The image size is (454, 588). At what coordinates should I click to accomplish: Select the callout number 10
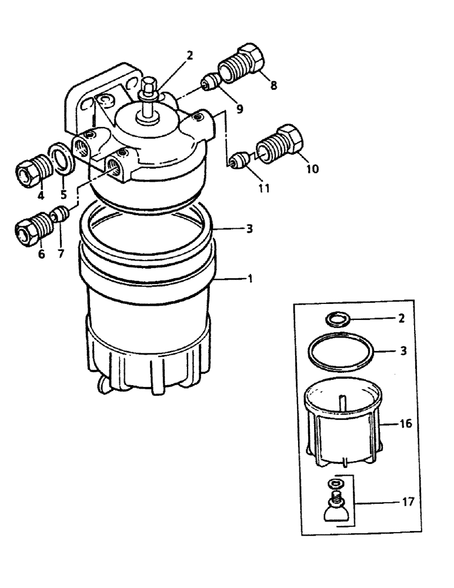(x=312, y=169)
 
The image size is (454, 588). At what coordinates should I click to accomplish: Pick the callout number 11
(x=264, y=188)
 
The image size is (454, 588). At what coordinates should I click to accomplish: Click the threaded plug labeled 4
(x=29, y=171)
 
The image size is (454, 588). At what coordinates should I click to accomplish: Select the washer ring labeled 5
(x=62, y=159)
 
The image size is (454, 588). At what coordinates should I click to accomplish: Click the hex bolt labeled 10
(x=282, y=145)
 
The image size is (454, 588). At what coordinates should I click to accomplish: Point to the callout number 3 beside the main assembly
(x=250, y=229)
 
